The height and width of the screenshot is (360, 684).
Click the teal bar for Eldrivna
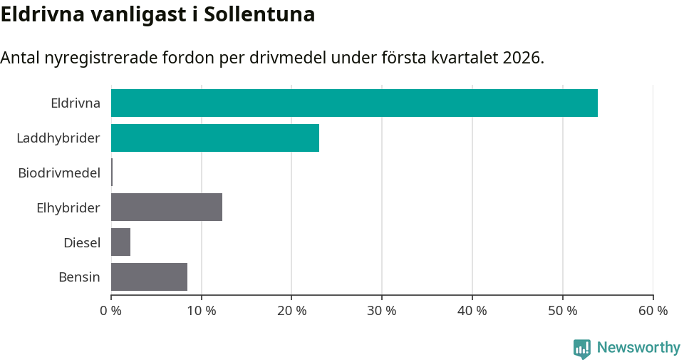354,103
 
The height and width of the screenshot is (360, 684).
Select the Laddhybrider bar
215,138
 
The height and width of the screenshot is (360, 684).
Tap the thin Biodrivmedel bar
112,173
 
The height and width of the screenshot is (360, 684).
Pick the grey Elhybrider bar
167,207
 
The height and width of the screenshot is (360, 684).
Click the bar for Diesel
120,242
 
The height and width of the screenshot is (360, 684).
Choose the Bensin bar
149,277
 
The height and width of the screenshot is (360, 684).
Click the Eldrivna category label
76,103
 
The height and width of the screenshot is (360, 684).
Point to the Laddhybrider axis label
58,138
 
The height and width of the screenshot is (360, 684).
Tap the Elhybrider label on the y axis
68,207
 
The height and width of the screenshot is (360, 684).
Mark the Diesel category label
82,242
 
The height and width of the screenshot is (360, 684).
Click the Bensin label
79,277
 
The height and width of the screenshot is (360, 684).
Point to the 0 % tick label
111,311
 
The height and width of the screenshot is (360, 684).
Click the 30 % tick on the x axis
382,311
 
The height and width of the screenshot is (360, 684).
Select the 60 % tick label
653,311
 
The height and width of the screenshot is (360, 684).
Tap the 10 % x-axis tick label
202,311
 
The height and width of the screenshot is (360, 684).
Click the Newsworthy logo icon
582,348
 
